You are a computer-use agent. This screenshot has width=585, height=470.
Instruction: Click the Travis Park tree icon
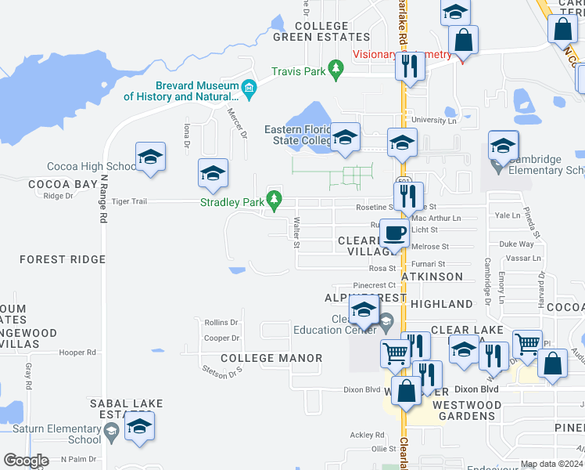click(336, 70)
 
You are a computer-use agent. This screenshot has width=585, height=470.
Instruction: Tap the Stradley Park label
click(231, 202)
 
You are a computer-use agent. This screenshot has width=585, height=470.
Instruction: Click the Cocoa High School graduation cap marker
click(150, 157)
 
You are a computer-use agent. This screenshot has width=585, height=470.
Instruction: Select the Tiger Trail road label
click(129, 201)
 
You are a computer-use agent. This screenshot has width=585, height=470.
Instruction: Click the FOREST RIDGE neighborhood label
click(63, 259)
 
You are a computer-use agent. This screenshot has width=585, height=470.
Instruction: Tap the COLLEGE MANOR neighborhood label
click(271, 358)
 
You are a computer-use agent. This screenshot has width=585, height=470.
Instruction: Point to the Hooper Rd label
click(77, 352)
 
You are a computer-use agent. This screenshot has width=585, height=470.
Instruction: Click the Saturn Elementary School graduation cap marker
click(139, 427)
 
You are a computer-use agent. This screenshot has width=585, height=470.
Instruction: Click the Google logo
click(27, 461)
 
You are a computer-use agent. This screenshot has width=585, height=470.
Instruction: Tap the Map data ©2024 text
click(551, 464)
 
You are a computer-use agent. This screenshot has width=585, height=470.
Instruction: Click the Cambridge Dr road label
click(486, 281)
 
